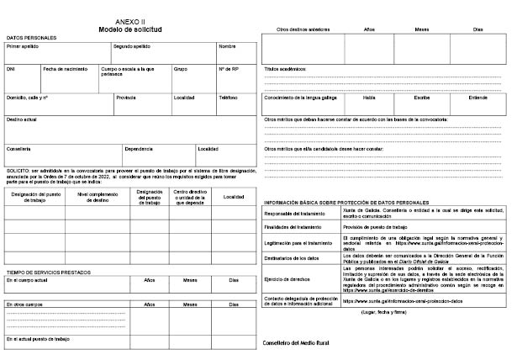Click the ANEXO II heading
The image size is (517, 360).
[130, 21]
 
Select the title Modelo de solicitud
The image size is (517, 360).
[130, 29]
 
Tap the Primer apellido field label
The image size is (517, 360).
[23, 46]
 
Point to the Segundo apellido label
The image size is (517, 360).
[131, 46]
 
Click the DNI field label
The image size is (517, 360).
[11, 68]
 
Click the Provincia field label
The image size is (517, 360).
[126, 98]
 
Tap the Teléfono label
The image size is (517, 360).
[229, 98]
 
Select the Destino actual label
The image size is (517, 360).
[22, 119]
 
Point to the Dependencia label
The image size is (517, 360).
[139, 149]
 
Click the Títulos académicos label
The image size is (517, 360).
[286, 68]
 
